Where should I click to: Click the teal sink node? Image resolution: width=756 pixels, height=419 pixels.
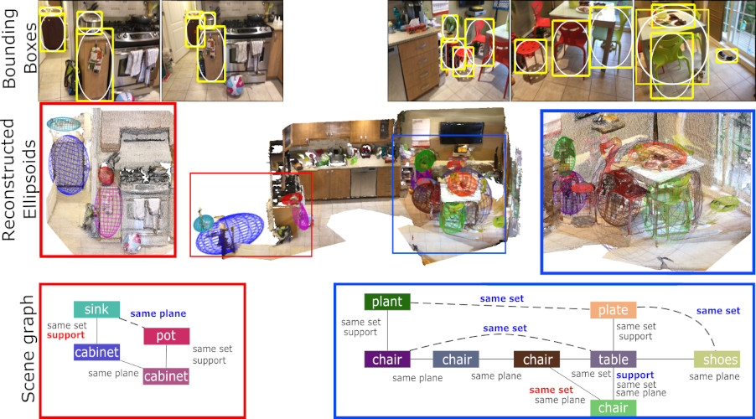[x=96, y=309]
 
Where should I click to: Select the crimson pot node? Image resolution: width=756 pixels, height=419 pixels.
[x=166, y=336]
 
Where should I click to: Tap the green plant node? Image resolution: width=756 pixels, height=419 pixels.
[x=386, y=302]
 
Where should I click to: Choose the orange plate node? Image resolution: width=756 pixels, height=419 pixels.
[x=614, y=310]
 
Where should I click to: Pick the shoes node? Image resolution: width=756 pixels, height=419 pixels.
[x=717, y=360]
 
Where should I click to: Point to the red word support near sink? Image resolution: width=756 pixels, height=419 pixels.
[x=66, y=334]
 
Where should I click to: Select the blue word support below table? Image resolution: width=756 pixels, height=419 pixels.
[x=634, y=375]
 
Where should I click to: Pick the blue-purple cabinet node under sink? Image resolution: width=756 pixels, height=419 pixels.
[x=96, y=353]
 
